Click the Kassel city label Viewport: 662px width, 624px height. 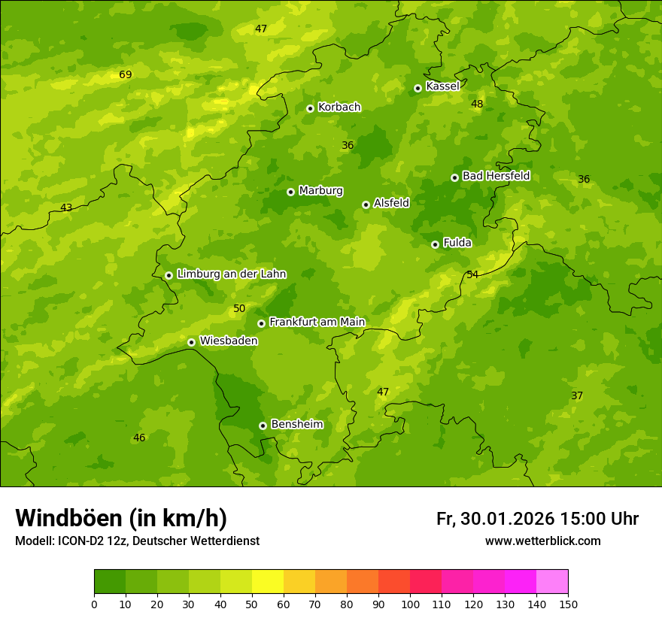pos(442,86)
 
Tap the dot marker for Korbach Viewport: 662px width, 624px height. pos(310,108)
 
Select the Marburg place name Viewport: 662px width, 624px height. pos(320,191)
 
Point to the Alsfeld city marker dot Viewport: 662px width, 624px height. pos(366,204)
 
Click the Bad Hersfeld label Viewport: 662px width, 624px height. pos(496,177)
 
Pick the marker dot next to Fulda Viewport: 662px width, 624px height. pos(435,244)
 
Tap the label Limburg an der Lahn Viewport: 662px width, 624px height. pos(231,274)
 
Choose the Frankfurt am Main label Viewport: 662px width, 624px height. pos(317,323)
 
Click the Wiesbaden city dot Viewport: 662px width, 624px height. pos(191,342)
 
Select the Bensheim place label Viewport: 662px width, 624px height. pos(296,425)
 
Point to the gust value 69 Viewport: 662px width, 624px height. pos(126,74)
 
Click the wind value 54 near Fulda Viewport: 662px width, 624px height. pos(472,275)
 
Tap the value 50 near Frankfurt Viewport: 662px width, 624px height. pos(239,309)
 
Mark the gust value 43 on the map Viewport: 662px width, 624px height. pos(66,208)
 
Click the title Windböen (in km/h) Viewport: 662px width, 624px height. pos(121,518)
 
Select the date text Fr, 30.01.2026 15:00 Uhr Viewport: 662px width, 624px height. pos(537,519)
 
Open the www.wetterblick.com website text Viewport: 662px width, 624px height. pos(542,541)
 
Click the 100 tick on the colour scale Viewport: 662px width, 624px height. pos(410,604)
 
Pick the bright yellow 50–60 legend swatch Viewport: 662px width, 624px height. pos(268,582)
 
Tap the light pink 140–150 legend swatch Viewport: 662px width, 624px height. pos(552,582)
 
